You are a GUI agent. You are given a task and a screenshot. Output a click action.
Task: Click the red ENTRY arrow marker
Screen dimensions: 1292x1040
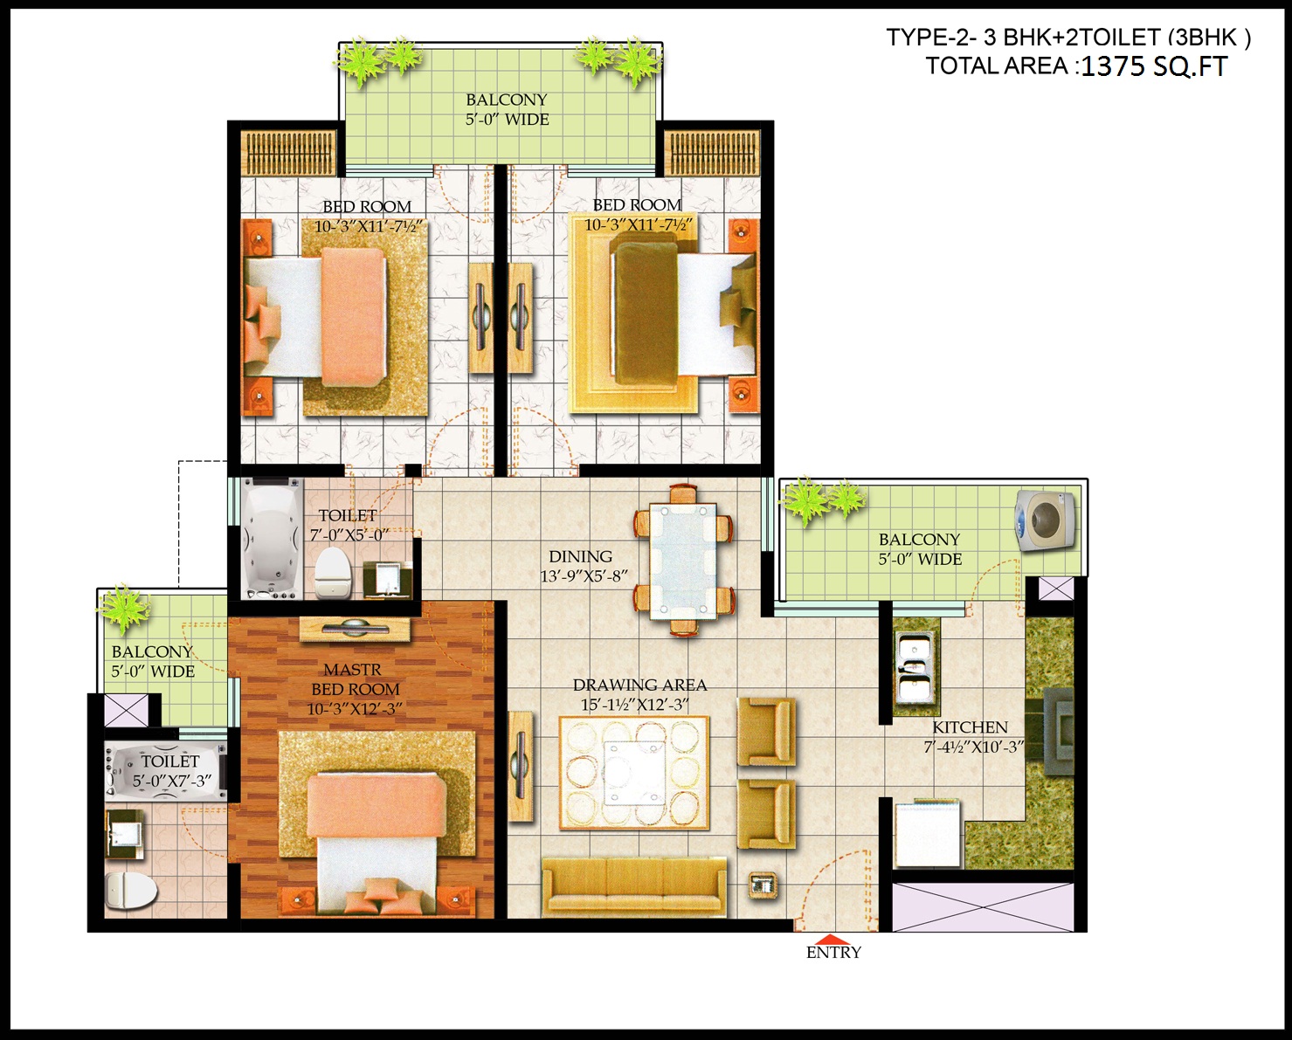(x=833, y=940)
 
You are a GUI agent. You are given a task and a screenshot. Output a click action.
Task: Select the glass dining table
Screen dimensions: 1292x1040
(x=683, y=561)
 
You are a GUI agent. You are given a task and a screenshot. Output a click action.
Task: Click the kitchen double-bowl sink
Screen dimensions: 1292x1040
(x=914, y=667)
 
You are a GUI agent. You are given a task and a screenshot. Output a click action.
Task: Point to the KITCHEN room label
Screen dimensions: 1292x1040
(x=970, y=727)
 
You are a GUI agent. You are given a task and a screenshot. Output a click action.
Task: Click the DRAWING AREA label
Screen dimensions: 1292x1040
(x=639, y=685)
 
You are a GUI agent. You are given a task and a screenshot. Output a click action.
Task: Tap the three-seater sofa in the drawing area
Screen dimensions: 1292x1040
(x=634, y=886)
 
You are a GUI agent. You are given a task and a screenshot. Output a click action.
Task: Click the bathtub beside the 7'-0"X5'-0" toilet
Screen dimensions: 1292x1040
(x=272, y=538)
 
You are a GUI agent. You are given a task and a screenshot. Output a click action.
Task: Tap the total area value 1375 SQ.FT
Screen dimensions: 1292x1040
(x=1153, y=66)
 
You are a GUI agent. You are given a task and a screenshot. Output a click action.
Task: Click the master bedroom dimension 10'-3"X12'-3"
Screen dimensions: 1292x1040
(x=354, y=709)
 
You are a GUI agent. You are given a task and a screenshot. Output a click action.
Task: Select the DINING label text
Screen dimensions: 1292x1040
(x=581, y=556)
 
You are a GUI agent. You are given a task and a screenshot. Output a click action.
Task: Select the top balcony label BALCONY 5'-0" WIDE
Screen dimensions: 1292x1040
(x=508, y=109)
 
